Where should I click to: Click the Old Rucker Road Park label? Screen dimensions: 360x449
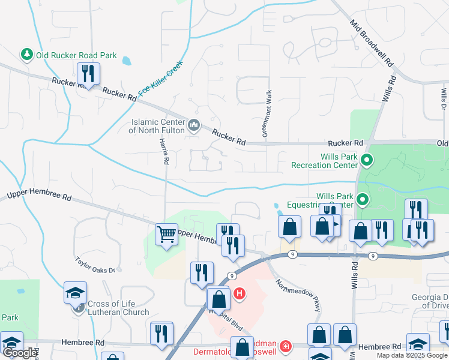tap(76, 55)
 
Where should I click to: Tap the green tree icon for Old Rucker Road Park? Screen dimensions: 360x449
tap(27, 55)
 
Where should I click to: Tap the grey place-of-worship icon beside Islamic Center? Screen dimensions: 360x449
tap(194, 125)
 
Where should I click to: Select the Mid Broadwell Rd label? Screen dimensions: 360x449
tap(372, 45)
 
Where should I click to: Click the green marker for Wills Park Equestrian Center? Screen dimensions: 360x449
tap(362, 199)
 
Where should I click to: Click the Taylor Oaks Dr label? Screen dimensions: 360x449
tap(95, 265)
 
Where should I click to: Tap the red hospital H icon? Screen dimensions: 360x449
tap(240, 293)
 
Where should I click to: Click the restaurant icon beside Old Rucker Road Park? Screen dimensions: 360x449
tap(88, 74)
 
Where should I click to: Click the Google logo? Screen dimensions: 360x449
tap(20, 353)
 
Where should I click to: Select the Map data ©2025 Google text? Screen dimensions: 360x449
tap(412, 355)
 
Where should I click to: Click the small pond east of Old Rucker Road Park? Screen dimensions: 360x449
tap(126, 61)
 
